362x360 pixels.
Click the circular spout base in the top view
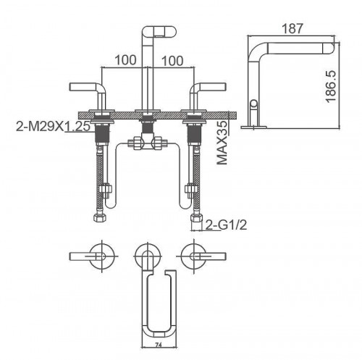pyautogui.click(x=148, y=255)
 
